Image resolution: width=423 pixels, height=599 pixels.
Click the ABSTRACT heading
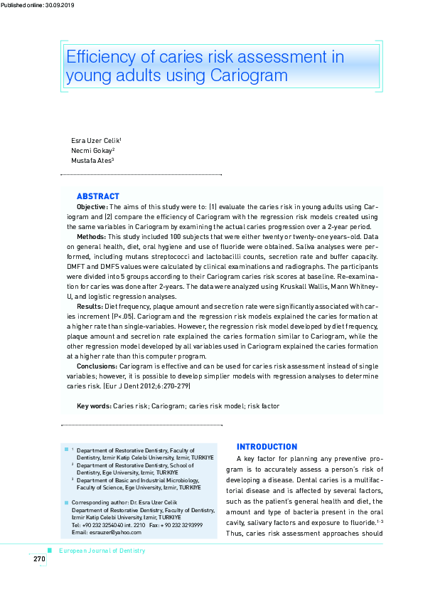click(x=98, y=196)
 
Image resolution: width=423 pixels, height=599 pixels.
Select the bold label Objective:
click(x=92, y=206)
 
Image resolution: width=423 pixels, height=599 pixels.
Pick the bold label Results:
click(x=90, y=306)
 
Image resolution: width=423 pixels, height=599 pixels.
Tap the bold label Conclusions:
click(x=97, y=366)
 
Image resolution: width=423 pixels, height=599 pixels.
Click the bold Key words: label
click(x=94, y=405)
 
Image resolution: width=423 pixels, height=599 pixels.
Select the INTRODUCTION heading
click(x=267, y=447)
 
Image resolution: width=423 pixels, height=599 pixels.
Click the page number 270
click(x=39, y=559)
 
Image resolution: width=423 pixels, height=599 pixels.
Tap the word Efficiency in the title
click(x=101, y=57)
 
